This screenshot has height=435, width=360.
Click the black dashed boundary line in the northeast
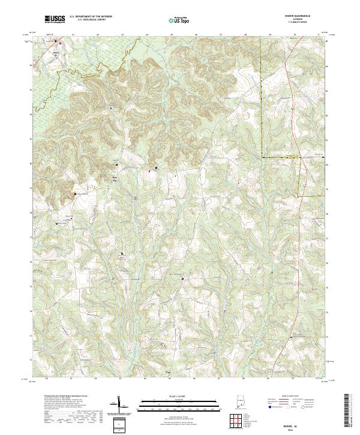[x=262, y=96]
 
